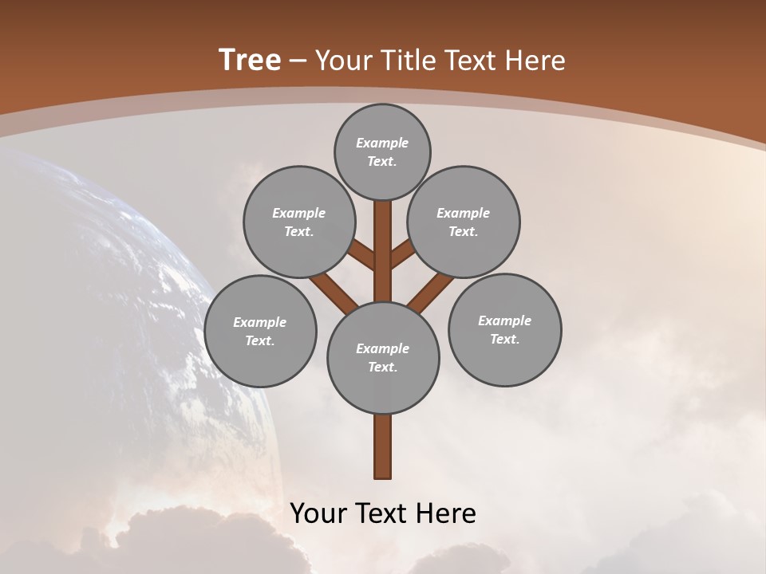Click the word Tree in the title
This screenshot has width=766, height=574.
[250, 60]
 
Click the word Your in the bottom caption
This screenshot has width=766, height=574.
[318, 513]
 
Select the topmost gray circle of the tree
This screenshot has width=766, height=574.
[382, 151]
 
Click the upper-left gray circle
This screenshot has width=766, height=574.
[298, 222]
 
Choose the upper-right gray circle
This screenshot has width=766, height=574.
[464, 222]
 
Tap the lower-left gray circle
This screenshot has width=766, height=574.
[260, 331]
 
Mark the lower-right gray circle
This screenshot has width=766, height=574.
[504, 329]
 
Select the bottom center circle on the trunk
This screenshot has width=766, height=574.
[383, 357]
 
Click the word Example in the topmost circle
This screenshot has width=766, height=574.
[382, 143]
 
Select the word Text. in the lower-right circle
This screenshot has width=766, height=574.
[504, 339]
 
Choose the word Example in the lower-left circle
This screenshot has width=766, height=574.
[260, 322]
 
